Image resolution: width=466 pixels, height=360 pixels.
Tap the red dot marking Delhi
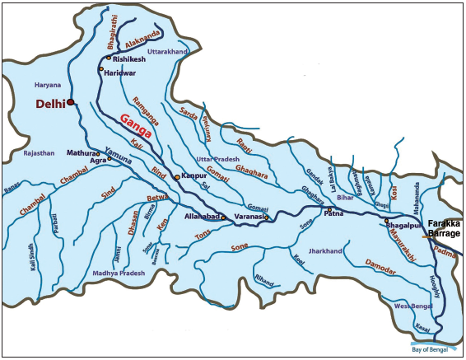(71, 102)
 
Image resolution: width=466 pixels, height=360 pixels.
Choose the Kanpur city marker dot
(176, 177)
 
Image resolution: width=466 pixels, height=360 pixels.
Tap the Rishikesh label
(127, 59)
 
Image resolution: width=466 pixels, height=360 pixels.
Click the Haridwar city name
(121, 72)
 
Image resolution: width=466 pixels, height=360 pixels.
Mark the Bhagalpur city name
(403, 222)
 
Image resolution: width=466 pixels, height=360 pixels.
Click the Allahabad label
(202, 216)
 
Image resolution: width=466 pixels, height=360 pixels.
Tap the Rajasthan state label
(38, 152)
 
